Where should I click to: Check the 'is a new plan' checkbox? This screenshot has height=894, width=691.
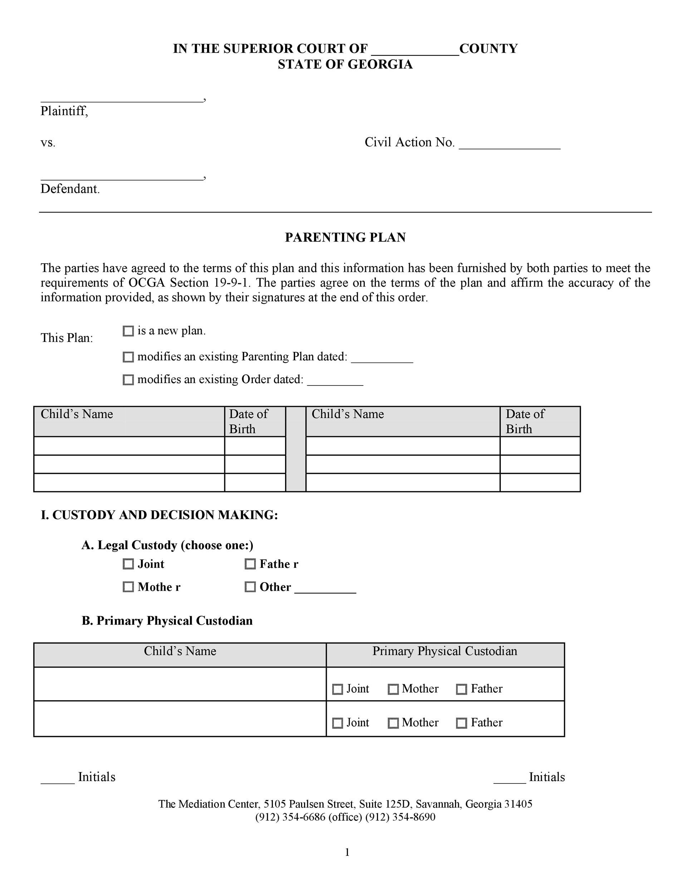pos(128,331)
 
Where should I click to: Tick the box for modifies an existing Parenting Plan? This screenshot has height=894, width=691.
pos(128,357)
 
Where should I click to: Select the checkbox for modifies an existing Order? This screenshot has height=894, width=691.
pos(128,380)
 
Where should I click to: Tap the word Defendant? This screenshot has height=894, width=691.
pos(70,189)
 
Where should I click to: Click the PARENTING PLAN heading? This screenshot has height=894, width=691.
pos(345,237)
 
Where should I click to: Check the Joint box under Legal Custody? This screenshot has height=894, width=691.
pos(128,564)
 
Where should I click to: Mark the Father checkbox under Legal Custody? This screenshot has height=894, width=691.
pos(250,564)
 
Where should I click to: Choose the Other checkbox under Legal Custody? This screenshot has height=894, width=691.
pos(250,587)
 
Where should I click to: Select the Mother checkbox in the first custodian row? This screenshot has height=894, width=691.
pos(393,689)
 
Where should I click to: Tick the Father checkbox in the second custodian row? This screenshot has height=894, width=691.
pos(461,723)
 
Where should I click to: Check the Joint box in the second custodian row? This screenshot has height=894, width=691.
pos(337,723)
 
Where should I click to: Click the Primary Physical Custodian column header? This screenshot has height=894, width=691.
pos(445,651)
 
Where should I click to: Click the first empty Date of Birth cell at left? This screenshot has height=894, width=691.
pos(255,446)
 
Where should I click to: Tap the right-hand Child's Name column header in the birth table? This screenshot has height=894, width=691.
pos(348,414)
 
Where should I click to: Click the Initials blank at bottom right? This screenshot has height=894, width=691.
pos(509,778)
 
